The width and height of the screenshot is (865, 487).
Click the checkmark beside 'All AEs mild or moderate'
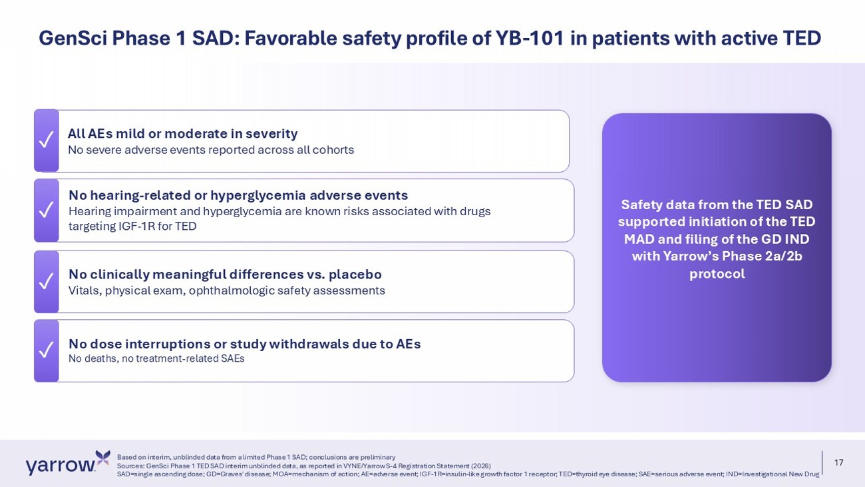[46, 140]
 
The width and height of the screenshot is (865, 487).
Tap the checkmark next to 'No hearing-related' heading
[46, 209]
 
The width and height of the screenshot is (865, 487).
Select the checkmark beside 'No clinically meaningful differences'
[46, 281]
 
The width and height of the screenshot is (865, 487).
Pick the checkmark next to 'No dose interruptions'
[46, 350]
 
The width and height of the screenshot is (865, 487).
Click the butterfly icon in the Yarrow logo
[102, 458]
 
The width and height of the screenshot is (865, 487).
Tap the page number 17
[839, 462]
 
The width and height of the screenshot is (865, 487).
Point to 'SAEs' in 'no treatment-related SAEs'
[232, 358]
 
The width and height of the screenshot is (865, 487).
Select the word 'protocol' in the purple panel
[717, 274]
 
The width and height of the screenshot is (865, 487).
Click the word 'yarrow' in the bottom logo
[61, 466]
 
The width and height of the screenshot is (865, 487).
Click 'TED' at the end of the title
[802, 38]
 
